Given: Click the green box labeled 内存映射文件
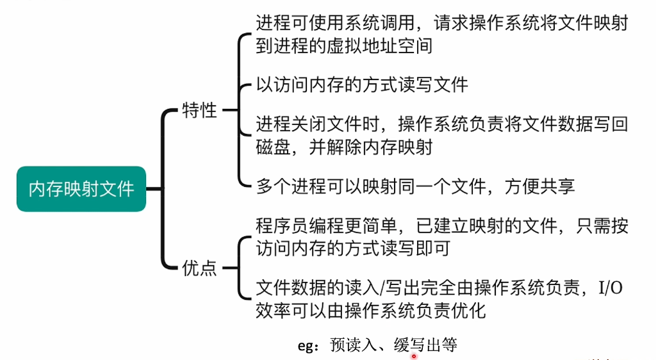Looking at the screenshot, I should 81,189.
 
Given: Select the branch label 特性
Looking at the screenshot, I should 200,110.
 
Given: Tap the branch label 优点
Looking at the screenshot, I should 200,268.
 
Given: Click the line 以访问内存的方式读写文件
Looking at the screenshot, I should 362,85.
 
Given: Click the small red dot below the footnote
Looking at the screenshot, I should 414,356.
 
